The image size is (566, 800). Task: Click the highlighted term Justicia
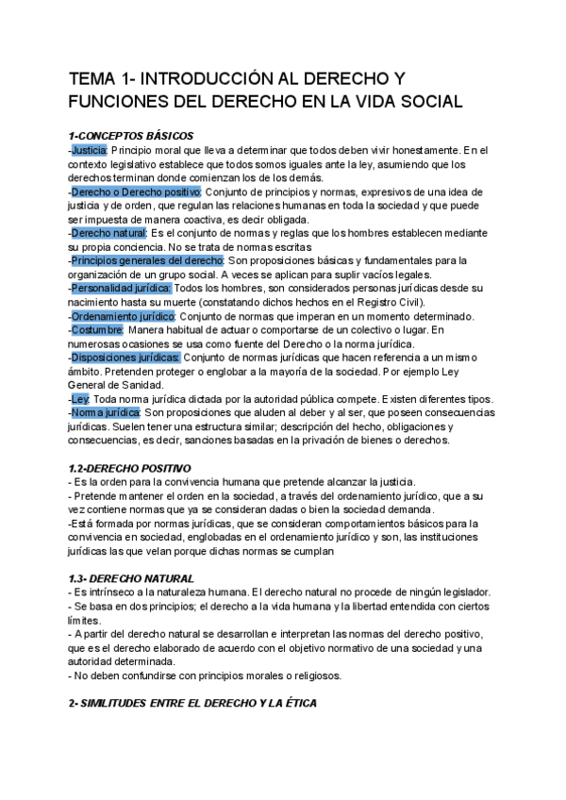point(90,149)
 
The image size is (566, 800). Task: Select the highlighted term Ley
point(80,398)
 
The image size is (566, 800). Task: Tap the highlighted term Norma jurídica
point(107,412)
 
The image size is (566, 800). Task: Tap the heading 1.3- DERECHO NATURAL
point(131,577)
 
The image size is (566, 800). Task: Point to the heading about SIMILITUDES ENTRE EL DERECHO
point(192,703)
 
